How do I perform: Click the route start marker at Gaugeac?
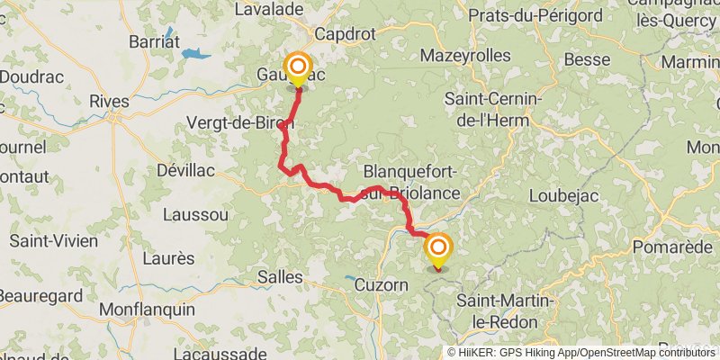coord(297,67)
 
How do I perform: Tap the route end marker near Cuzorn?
coord(438,247)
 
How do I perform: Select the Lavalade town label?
coord(267,10)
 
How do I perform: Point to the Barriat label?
coord(154,41)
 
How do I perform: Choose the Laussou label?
coord(195,214)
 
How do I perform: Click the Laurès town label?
coord(168,258)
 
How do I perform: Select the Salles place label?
coord(280,276)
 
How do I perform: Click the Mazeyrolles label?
coord(465,56)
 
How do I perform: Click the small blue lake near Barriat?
coord(195,54)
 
